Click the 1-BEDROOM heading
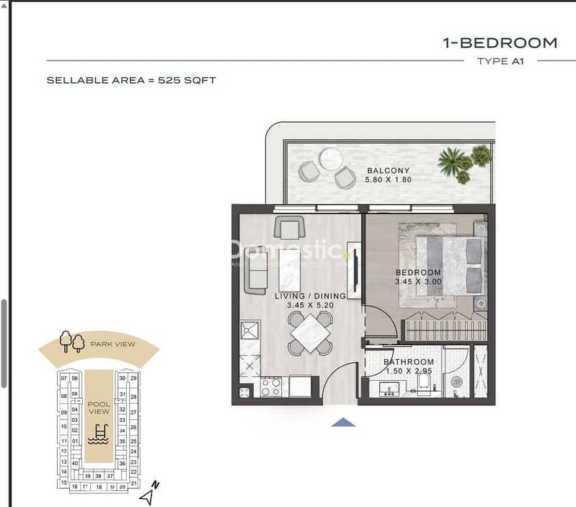pyautogui.click(x=500, y=43)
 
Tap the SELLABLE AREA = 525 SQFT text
pyautogui.click(x=130, y=80)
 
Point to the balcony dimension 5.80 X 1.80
pyautogui.click(x=389, y=180)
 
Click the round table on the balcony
pyautogui.click(x=331, y=159)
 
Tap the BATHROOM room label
pyautogui.click(x=408, y=362)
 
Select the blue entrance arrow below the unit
pyautogui.click(x=343, y=423)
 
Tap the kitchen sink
pyautogui.click(x=250, y=333)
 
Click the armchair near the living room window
pyautogui.click(x=287, y=229)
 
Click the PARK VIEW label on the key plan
pyautogui.click(x=112, y=344)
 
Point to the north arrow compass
pyautogui.click(x=149, y=495)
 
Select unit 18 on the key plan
pyautogui.click(x=99, y=487)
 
